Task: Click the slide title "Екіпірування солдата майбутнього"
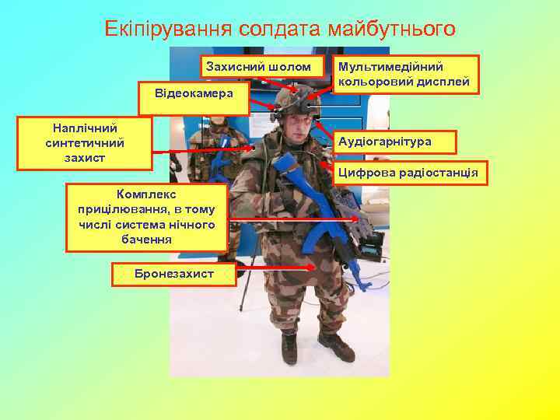(279, 29)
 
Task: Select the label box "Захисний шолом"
(259, 67)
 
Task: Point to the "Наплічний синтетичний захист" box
(85, 142)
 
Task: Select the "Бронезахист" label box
(173, 274)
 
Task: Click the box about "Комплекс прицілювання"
(146, 217)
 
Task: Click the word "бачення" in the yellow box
(147, 240)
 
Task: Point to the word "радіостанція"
(439, 173)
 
